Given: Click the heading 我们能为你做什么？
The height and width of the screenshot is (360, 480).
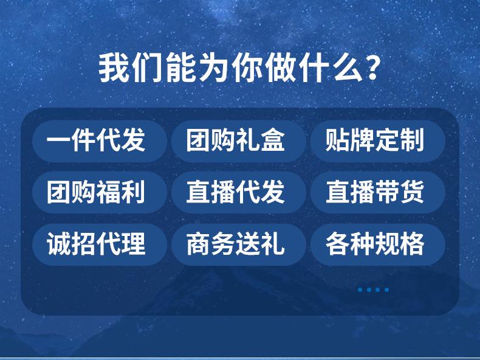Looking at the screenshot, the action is (x=239, y=68).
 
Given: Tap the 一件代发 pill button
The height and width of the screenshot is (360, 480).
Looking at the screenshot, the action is (x=100, y=141).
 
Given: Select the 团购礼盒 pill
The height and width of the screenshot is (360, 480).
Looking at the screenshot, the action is (x=239, y=141).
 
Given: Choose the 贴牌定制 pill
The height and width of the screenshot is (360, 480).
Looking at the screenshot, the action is (x=378, y=141).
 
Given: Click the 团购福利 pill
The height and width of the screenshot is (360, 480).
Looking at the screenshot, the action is (x=100, y=192).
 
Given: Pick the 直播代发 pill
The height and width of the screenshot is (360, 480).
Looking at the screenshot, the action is (x=239, y=192).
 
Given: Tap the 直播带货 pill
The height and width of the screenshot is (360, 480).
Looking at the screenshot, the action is (x=378, y=192).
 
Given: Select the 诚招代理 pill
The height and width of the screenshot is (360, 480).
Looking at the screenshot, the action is (x=100, y=244).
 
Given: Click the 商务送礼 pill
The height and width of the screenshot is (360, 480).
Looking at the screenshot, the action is (x=239, y=244).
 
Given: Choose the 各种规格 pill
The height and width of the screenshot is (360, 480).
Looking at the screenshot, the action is (x=378, y=244).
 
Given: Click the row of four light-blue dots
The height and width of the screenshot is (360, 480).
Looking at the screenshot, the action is (x=374, y=289).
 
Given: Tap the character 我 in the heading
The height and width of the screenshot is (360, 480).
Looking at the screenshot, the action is (x=112, y=68).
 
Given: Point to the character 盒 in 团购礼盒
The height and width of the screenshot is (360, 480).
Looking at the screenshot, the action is (x=272, y=140).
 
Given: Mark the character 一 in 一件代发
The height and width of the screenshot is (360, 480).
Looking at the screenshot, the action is (x=58, y=142).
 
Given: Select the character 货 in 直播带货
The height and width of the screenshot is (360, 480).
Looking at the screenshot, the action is (x=412, y=192).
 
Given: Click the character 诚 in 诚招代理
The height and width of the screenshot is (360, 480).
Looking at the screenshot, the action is (x=59, y=244).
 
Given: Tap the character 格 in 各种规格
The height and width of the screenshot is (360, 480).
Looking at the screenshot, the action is (x=412, y=244).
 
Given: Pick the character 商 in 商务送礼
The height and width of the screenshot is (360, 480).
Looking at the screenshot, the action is (x=199, y=244).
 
